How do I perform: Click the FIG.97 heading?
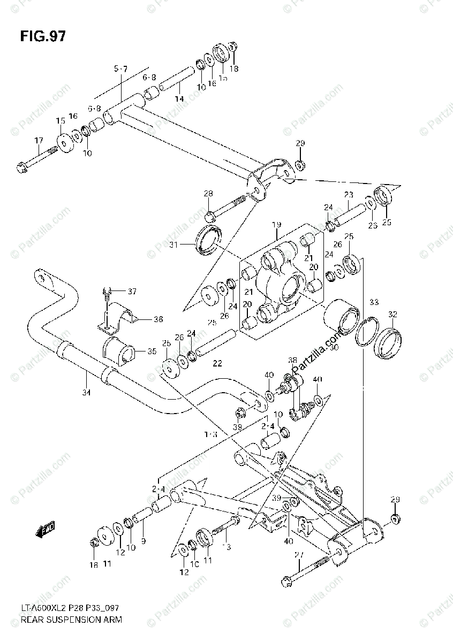43,36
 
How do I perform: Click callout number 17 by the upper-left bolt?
39,141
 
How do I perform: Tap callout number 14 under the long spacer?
179,99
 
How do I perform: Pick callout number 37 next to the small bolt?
132,291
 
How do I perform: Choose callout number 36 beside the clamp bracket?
157,319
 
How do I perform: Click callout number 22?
216,364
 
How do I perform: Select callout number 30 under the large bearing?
349,347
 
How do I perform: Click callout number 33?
373,302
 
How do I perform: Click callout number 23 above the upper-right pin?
349,195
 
